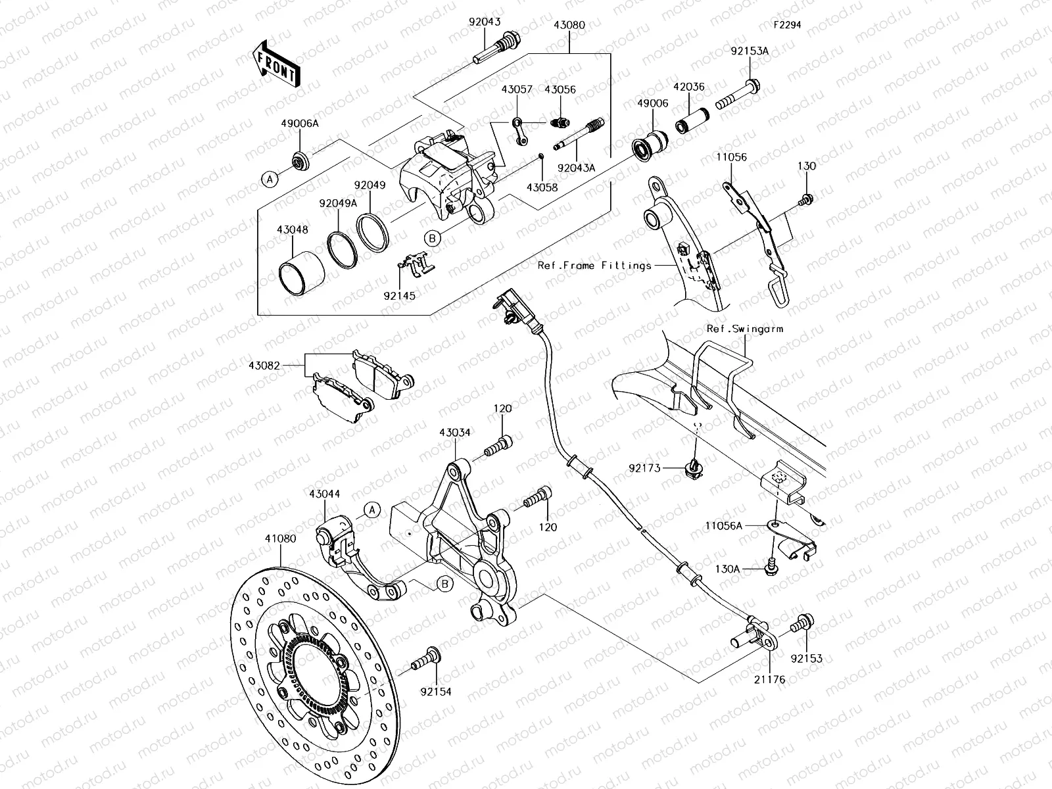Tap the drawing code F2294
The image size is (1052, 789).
(x=787, y=25)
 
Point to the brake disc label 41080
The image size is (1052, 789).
(x=280, y=538)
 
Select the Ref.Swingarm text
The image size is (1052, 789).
(x=744, y=329)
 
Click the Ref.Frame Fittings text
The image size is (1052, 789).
(x=594, y=266)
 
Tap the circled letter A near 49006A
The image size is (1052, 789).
(x=268, y=178)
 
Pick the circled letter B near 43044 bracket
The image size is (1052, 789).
(x=444, y=583)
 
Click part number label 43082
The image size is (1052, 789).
(x=266, y=364)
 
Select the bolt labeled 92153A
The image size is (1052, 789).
(x=740, y=95)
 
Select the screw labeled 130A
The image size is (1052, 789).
(x=770, y=567)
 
